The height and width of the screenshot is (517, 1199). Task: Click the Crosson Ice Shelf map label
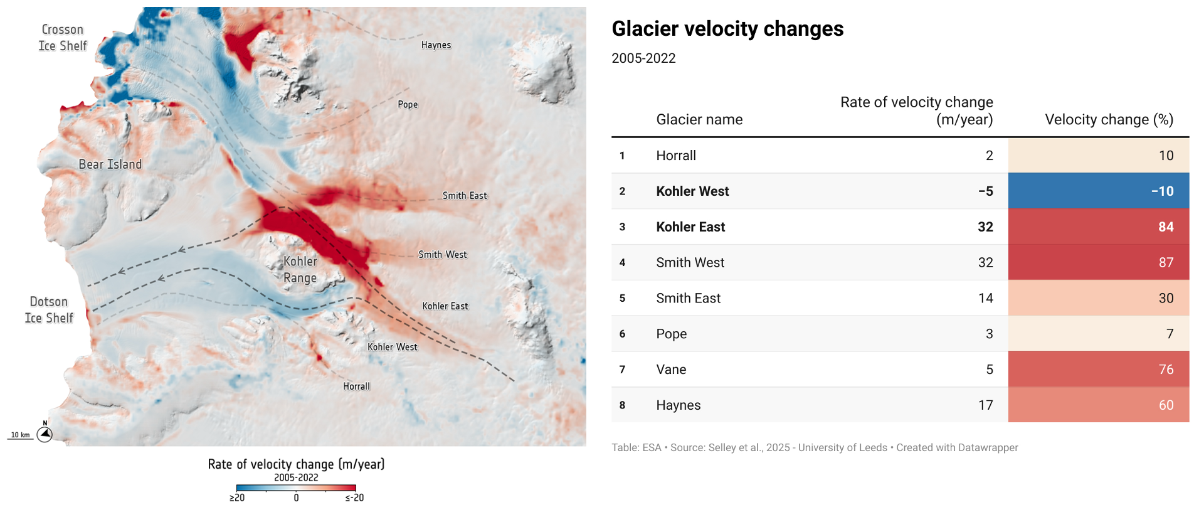coord(63,38)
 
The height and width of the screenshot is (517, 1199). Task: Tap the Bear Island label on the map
coord(110,164)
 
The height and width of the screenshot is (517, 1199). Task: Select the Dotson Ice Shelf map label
coord(49,310)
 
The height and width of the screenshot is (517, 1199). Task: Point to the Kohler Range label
coord(300,270)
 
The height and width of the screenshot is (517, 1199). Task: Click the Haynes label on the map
coord(436,45)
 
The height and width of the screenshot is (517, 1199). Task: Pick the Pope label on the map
coord(408,104)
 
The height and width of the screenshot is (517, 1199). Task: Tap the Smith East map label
coord(465,196)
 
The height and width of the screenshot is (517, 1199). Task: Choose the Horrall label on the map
coord(356,386)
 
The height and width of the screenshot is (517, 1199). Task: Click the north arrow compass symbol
coord(45,433)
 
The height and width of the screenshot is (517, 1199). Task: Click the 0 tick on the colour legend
coord(296,498)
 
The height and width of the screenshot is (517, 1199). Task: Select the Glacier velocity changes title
coord(727,29)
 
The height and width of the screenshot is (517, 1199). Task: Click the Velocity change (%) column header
coord(1109,120)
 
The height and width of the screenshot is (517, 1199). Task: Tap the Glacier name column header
coord(699,120)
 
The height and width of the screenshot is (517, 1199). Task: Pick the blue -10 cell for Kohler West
coord(1099,191)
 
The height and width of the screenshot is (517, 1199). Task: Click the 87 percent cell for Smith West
coord(1099,262)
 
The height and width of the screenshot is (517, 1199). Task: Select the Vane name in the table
coord(671,370)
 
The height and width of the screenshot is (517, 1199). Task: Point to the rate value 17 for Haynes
coord(985,405)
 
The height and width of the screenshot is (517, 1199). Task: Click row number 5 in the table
coord(622,298)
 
